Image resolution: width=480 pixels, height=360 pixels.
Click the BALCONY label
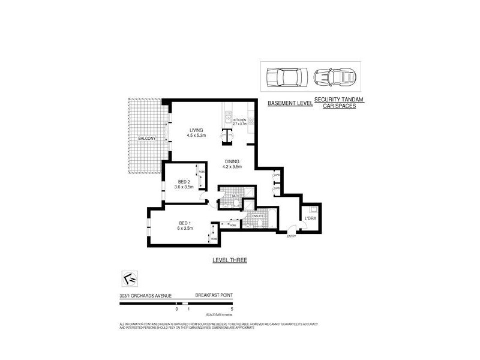[146, 139]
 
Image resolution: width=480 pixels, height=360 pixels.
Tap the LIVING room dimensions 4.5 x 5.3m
[196, 136]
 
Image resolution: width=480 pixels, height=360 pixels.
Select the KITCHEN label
[239, 119]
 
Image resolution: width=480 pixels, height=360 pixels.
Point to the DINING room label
[232, 161]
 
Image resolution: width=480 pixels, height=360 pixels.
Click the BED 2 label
[184, 182]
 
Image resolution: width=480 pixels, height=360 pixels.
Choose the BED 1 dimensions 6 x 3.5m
[185, 229]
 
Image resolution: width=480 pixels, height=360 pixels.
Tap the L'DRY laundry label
[310, 218]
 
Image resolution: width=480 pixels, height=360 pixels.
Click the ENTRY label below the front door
[292, 236]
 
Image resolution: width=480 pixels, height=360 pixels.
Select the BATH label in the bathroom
[229, 194]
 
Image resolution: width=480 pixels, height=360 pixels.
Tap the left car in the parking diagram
[287, 77]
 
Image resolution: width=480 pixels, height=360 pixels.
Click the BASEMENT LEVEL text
[289, 104]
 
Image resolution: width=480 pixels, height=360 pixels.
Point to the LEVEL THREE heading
[230, 260]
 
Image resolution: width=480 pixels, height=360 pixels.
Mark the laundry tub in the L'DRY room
[313, 209]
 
